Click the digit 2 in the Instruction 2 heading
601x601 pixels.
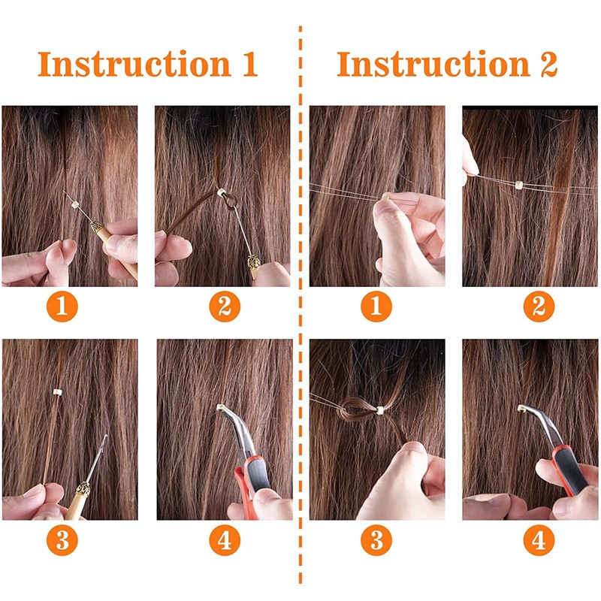click(549, 64)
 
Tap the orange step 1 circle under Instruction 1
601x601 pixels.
click(62, 307)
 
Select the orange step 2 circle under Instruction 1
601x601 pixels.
click(225, 307)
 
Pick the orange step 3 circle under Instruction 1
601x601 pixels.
click(62, 540)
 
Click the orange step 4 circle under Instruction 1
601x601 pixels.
click(225, 540)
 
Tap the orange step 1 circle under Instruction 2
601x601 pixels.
click(376, 307)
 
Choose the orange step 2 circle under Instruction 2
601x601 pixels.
click(539, 307)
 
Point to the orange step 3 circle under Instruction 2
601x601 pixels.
click(376, 540)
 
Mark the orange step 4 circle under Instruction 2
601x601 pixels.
click(539, 540)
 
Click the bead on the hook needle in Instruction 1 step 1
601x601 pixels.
click(75, 204)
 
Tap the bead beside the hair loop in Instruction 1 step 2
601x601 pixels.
click(221, 192)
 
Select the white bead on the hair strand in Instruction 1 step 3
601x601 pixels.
click(58, 392)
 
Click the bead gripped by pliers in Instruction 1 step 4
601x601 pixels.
click(220, 407)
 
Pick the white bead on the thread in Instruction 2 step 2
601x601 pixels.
click(519, 185)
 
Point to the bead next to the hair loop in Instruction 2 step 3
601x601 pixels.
click(380, 410)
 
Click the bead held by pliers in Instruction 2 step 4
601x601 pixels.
click(521, 409)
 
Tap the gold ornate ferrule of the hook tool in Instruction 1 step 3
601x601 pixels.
click(82, 489)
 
